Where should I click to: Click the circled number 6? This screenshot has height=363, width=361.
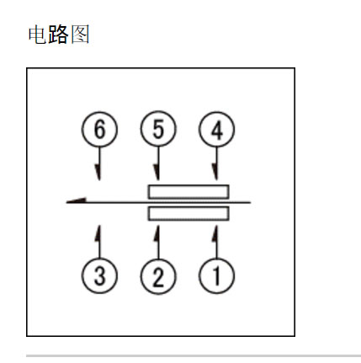(x=99, y=129)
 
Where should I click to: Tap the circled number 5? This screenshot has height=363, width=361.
(x=158, y=129)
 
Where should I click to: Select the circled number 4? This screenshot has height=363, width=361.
(x=216, y=130)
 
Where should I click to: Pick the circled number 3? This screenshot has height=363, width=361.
(x=99, y=275)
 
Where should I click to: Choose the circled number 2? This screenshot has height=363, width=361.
(x=158, y=276)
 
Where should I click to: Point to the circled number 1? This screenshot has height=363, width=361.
(x=216, y=275)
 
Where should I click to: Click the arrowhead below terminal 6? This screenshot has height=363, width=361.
(x=98, y=173)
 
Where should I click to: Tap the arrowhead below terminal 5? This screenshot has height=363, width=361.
(x=157, y=173)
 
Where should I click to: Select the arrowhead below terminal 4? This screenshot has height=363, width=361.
(x=215, y=172)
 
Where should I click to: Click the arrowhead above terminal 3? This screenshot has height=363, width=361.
(x=98, y=233)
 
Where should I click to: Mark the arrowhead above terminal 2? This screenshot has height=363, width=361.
(x=157, y=233)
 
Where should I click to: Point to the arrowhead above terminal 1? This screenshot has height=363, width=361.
(x=215, y=233)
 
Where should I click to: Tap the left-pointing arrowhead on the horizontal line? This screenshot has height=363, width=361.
(x=76, y=200)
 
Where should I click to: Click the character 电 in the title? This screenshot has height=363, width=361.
(x=37, y=35)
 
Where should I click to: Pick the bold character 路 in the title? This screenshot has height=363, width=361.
(x=58, y=35)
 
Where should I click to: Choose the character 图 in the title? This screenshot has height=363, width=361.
(x=80, y=35)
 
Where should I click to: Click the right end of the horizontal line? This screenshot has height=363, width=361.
(x=250, y=202)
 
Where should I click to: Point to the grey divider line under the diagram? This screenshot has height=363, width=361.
(x=194, y=356)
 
